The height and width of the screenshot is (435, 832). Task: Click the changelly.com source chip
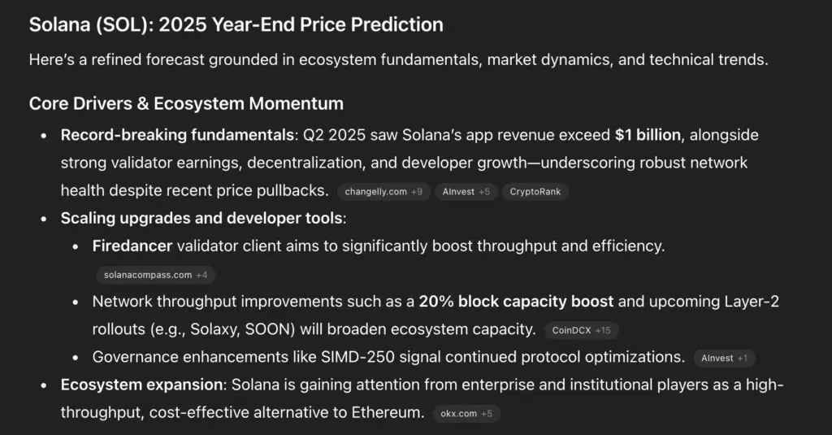coord(383,192)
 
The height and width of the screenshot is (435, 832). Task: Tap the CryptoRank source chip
coord(535,192)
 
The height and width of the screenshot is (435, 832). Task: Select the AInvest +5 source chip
coord(466,192)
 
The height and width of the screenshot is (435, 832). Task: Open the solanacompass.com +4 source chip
coord(155,275)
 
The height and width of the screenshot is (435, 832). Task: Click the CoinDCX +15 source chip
coord(581,330)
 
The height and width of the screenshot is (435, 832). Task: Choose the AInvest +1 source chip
coord(724,358)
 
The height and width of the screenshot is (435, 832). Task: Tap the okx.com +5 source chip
coord(466,414)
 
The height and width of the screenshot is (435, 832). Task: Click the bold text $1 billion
coord(648,135)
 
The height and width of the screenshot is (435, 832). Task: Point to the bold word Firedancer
coord(132,246)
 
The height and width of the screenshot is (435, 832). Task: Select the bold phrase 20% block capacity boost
coord(516,302)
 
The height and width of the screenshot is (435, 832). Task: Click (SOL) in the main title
coord(123,25)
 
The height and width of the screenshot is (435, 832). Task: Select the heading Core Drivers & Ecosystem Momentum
coord(186,103)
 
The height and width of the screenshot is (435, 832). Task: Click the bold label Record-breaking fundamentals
coord(177,136)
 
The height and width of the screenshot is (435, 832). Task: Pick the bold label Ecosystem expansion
coord(141,385)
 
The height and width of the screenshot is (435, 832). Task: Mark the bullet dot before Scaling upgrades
coord(44,219)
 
